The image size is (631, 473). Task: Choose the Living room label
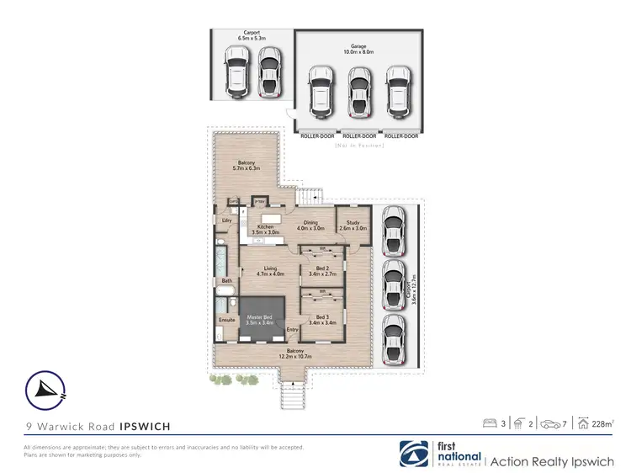click(x=270, y=271)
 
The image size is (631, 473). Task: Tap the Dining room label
click(x=310, y=226)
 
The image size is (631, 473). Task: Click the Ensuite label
click(x=227, y=321)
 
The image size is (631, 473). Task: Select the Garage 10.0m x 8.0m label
click(x=358, y=50)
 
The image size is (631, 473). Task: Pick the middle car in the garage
click(x=358, y=92)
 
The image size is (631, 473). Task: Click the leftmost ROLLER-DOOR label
click(x=317, y=136)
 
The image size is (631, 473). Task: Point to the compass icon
click(x=44, y=389)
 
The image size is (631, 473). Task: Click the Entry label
click(x=292, y=329)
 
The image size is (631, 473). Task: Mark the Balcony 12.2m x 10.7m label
click(x=294, y=353)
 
